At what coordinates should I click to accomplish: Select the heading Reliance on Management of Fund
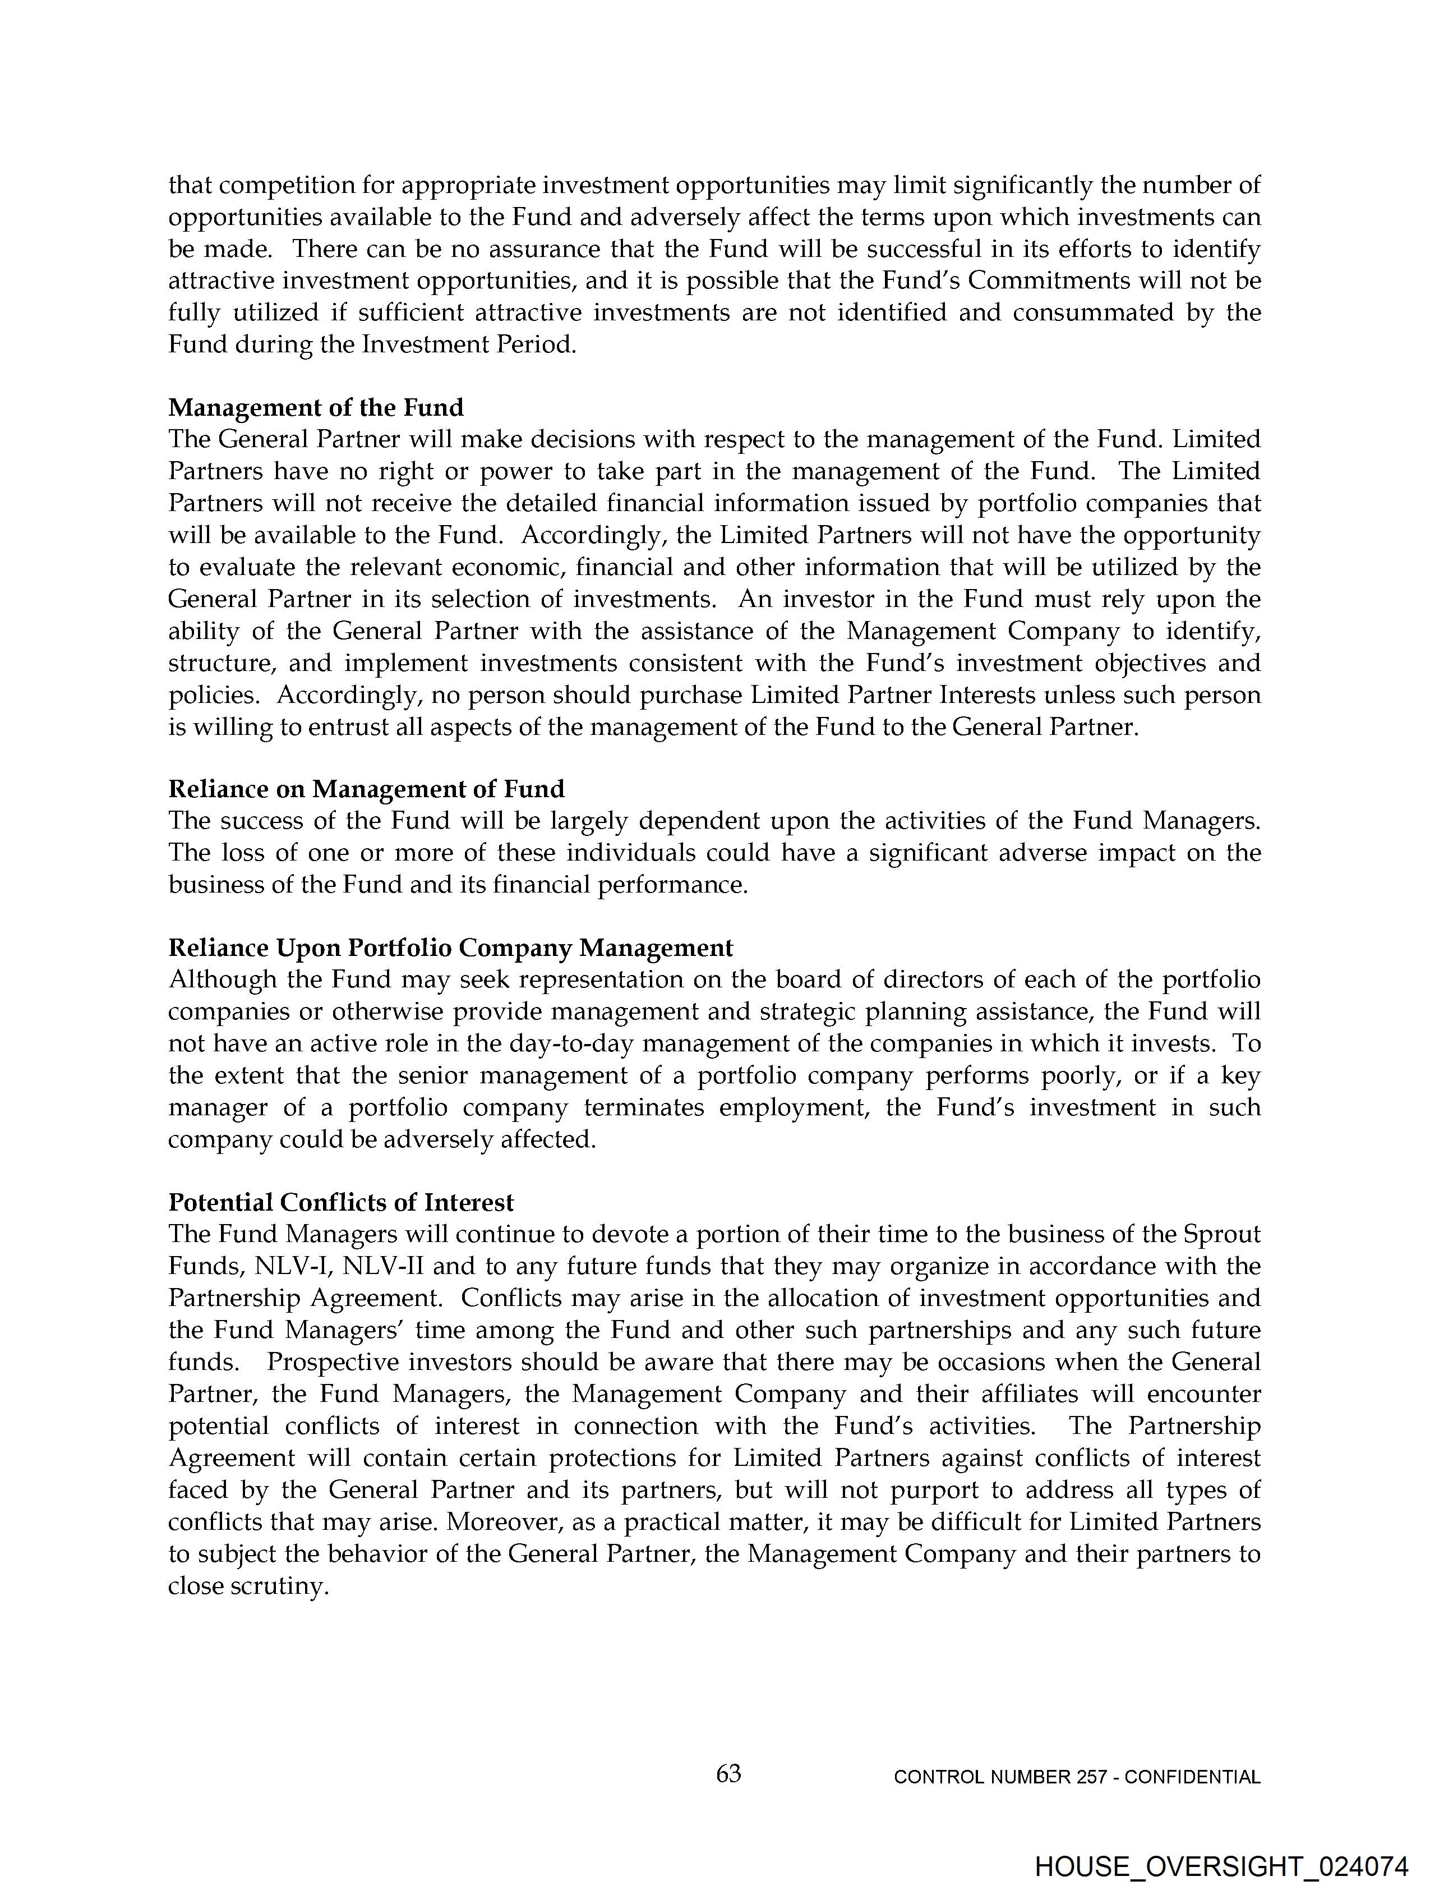click(x=366, y=789)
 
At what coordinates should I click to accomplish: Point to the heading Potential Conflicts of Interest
click(x=341, y=1202)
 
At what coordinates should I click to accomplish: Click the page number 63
click(x=728, y=1774)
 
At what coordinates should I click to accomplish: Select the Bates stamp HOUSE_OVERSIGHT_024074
click(x=1221, y=1868)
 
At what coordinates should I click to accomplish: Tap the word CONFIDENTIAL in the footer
click(x=1193, y=1777)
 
